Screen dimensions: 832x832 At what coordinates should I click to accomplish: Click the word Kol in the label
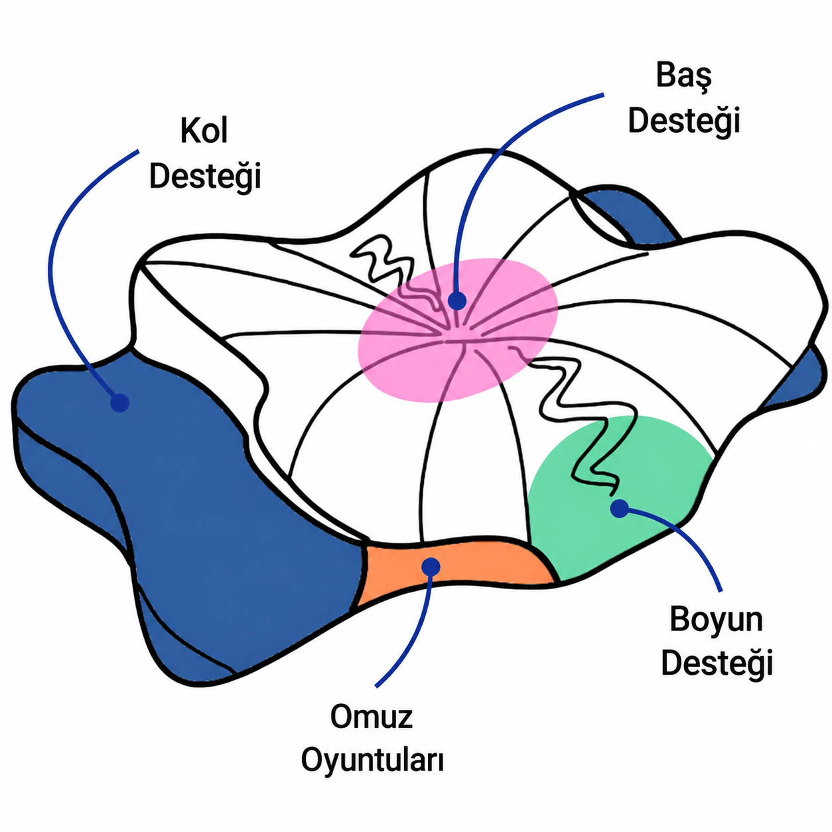point(204,131)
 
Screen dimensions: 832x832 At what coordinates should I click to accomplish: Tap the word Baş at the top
point(683,76)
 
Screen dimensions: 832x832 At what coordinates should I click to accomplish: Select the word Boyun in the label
point(717,620)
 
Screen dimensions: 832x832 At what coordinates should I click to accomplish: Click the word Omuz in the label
point(372,717)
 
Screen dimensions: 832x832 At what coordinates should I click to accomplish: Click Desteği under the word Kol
point(205,176)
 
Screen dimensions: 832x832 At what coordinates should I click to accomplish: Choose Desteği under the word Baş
point(684,121)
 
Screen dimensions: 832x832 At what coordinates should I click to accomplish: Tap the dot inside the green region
point(620,508)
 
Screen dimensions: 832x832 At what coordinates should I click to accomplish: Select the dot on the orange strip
point(431,567)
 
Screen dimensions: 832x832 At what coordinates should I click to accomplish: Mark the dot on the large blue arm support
point(120,403)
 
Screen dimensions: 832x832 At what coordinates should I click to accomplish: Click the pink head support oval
point(458,330)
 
